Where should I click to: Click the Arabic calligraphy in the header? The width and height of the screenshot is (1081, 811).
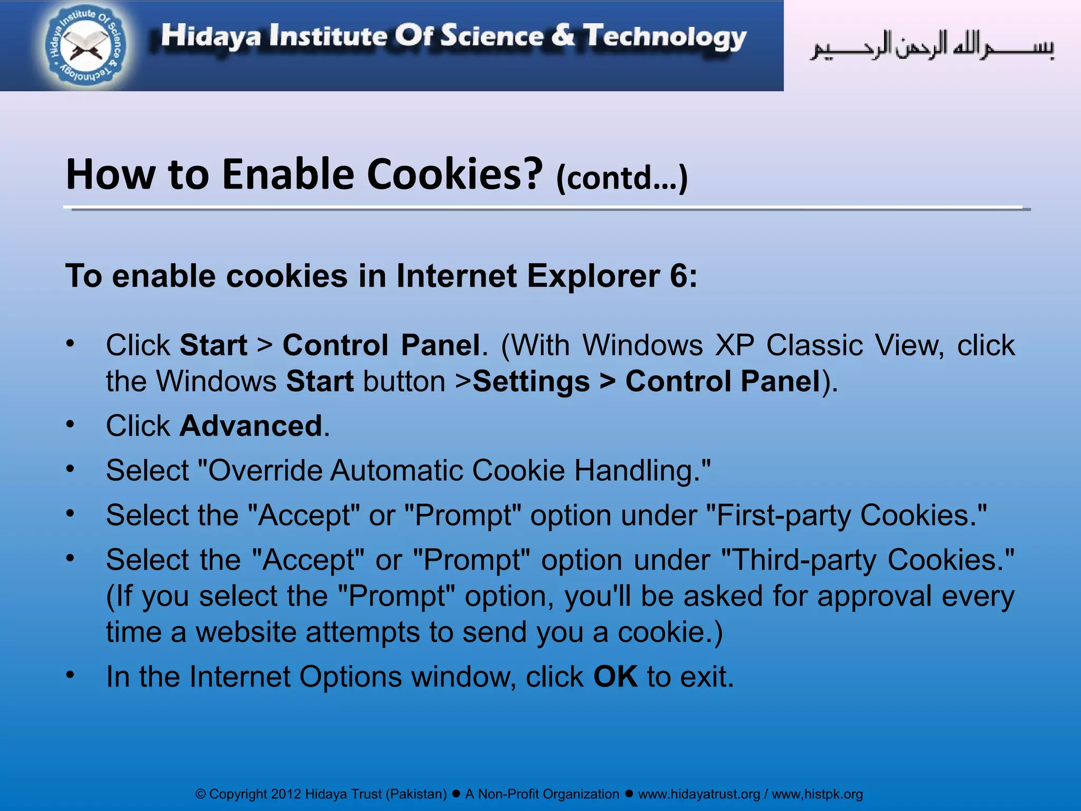click(x=932, y=46)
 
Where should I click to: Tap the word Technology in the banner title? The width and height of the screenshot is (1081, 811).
click(x=665, y=37)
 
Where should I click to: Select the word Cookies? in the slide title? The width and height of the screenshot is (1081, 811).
click(x=454, y=175)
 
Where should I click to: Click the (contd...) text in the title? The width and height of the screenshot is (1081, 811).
click(x=622, y=178)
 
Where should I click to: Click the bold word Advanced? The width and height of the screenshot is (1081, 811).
click(x=251, y=426)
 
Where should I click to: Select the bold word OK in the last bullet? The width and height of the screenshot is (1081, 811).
click(x=615, y=677)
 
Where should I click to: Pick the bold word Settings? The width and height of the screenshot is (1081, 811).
click(x=531, y=382)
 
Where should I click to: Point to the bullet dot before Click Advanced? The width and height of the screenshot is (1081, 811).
click(x=70, y=425)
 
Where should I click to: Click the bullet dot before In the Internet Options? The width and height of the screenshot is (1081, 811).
click(x=70, y=675)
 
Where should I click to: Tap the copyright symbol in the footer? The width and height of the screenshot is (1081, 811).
click(x=201, y=794)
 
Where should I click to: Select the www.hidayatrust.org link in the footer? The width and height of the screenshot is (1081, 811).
click(x=699, y=794)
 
